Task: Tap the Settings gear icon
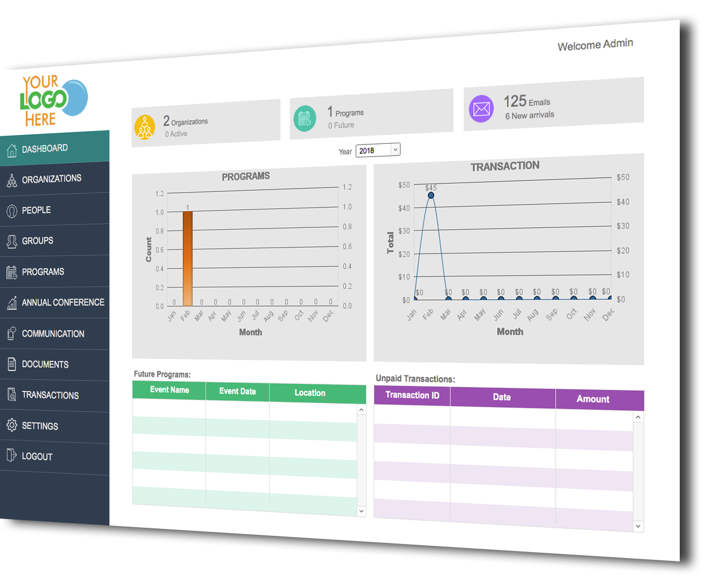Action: click(12, 425)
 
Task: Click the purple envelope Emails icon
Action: click(481, 108)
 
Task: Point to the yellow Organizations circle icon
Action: click(145, 128)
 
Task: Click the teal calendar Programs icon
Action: click(305, 118)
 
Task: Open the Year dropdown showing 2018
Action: click(378, 150)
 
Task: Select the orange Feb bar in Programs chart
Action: click(188, 258)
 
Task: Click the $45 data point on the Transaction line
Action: click(431, 195)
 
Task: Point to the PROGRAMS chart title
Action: click(245, 176)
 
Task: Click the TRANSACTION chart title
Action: click(505, 166)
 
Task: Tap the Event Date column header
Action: click(238, 391)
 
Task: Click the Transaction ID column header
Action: click(412, 396)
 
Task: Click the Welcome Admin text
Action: click(595, 45)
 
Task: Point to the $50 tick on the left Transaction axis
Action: click(404, 185)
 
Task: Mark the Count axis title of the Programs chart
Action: click(148, 249)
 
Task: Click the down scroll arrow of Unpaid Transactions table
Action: click(638, 526)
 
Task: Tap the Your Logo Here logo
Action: click(54, 100)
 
